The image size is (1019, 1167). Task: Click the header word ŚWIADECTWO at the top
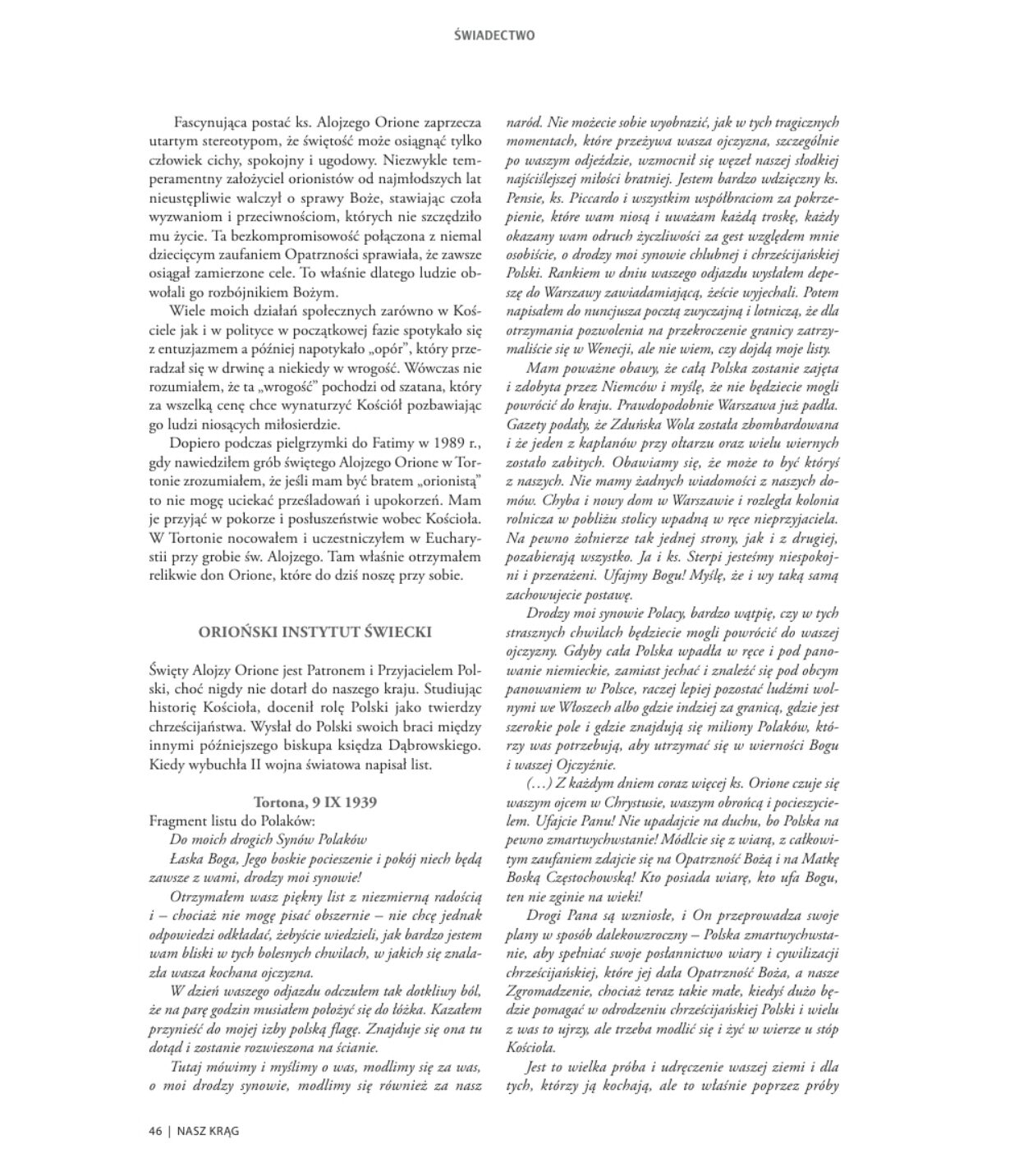click(x=494, y=35)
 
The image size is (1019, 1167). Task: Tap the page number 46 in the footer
click(x=155, y=1130)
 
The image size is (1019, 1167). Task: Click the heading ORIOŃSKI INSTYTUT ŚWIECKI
click(x=315, y=632)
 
